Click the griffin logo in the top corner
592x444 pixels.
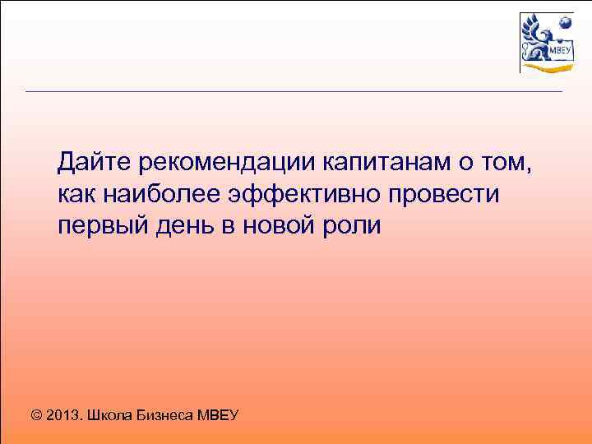(545, 42)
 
